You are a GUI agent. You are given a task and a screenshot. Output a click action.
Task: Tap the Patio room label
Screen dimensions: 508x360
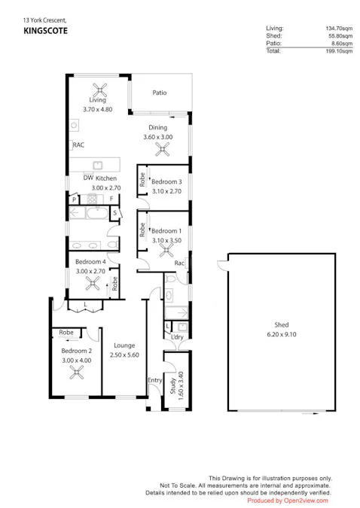point(159,93)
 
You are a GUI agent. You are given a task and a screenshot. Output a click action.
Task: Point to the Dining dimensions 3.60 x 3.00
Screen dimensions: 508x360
point(158,137)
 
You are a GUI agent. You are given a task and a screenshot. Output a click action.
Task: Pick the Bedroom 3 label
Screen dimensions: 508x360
point(166,182)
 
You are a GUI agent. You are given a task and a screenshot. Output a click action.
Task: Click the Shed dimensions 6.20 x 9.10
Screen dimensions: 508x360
point(282,333)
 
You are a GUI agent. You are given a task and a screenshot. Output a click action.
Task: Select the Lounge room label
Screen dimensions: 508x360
point(124,345)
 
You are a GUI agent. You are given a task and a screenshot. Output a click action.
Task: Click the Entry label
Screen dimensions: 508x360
point(154,380)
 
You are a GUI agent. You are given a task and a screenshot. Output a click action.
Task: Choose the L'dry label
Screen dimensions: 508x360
point(178,336)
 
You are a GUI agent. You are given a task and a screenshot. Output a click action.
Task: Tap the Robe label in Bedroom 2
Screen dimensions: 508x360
point(66,332)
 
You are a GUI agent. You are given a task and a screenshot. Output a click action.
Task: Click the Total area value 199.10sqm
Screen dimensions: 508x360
point(338,51)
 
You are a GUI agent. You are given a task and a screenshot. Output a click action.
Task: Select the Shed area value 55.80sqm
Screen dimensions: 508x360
point(339,36)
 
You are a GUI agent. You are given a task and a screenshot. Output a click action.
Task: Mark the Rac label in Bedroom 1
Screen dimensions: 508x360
point(180,263)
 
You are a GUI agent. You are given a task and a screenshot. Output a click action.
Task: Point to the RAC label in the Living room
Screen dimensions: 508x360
point(78,145)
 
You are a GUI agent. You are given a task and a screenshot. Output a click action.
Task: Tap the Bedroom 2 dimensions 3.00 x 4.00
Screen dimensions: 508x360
point(76,360)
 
